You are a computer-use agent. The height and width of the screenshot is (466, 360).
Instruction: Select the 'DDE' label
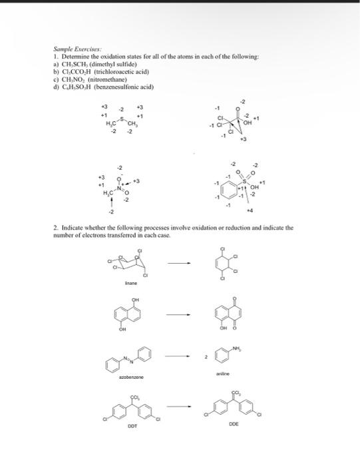pos(233,423)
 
